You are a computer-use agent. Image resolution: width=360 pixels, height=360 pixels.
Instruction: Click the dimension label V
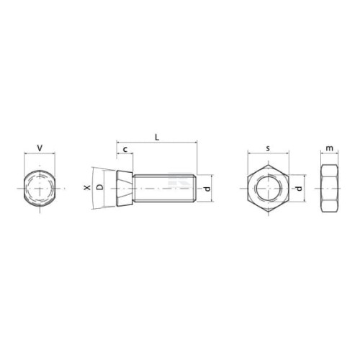pyautogui.click(x=40, y=148)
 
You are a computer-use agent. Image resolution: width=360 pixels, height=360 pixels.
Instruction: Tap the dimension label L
pyautogui.click(x=157, y=138)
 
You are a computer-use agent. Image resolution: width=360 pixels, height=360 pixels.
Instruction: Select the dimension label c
pyautogui.click(x=125, y=150)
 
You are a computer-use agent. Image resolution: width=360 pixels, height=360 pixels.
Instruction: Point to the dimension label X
pyautogui.click(x=87, y=187)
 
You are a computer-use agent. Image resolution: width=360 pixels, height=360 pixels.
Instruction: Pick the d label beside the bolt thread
pyautogui.click(x=207, y=189)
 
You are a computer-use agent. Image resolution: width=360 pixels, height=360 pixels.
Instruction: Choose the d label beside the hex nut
pyautogui.click(x=298, y=189)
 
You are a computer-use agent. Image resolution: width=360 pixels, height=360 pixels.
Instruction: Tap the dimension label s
pyautogui.click(x=268, y=148)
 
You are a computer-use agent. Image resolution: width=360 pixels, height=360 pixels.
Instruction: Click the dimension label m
pyautogui.click(x=330, y=148)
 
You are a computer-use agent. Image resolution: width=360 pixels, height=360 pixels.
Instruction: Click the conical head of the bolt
pyautogui.click(x=125, y=188)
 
